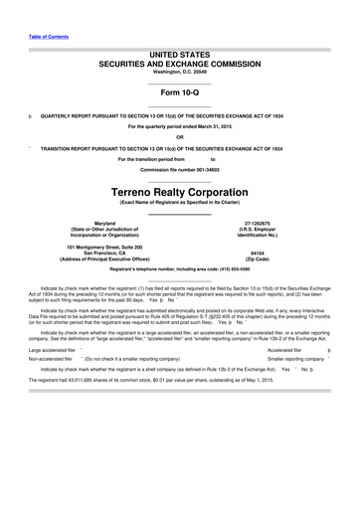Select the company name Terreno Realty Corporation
179,187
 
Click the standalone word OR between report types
179,137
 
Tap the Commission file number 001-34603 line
179,168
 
